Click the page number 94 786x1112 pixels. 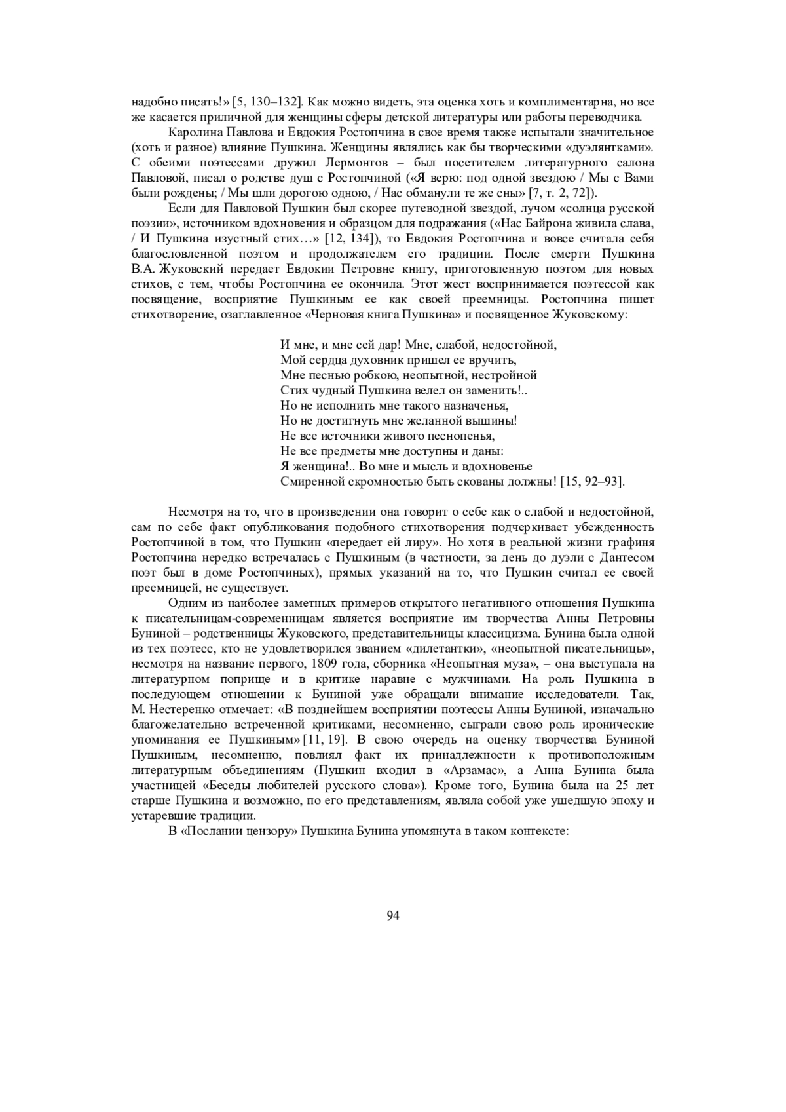coord(393,915)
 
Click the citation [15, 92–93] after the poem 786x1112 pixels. coord(592,482)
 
